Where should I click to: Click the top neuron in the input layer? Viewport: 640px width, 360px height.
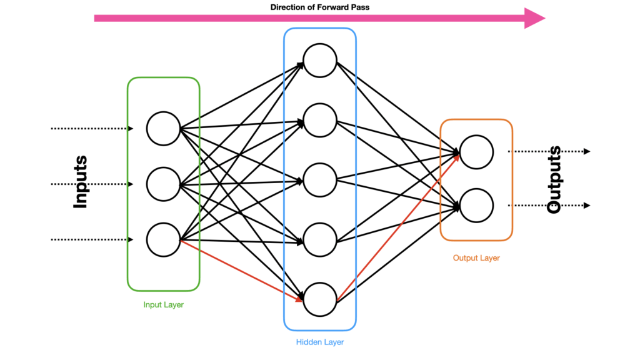click(x=163, y=128)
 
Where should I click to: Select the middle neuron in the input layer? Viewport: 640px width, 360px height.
click(x=163, y=184)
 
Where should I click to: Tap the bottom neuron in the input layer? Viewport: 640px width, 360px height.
click(x=163, y=239)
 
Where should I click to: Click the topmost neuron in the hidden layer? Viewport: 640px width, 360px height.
click(x=320, y=61)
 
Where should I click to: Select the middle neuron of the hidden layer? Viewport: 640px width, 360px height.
click(x=320, y=180)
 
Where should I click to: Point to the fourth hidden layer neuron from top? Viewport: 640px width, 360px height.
click(x=320, y=239)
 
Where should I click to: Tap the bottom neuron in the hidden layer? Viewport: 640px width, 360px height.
click(x=320, y=298)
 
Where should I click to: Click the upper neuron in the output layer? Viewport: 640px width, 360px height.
click(x=476, y=151)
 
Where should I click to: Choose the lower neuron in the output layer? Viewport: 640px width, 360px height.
click(x=476, y=205)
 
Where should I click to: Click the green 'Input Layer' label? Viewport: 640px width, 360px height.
click(x=163, y=305)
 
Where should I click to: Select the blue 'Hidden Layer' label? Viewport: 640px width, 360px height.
click(x=319, y=342)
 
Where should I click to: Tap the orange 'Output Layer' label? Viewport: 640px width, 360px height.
click(x=476, y=257)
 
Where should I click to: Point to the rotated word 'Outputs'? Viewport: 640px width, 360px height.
click(x=554, y=180)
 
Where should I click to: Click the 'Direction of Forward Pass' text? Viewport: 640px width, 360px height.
click(x=319, y=7)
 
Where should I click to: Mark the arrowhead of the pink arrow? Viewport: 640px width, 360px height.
click(x=534, y=18)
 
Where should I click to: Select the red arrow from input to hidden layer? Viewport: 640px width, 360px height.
click(x=241, y=269)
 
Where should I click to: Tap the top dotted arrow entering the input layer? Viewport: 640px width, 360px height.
click(x=91, y=129)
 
